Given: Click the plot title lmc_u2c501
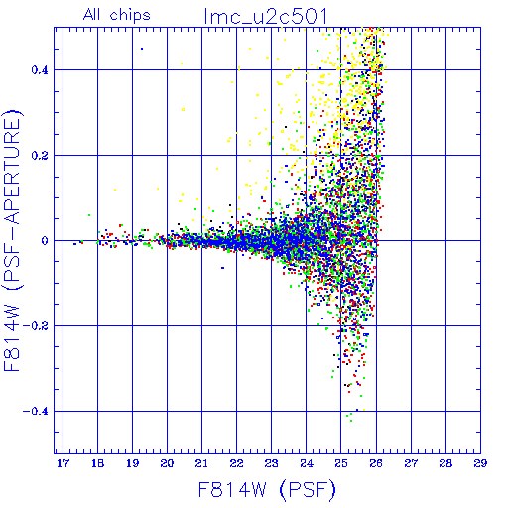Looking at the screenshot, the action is point(266,16).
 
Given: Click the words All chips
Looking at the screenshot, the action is point(117,15).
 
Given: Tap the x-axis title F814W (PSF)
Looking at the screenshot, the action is point(267,490).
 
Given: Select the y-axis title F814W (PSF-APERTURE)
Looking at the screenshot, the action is point(12,240).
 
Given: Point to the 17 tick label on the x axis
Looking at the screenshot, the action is point(63,463).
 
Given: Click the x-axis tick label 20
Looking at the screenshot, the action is point(167,463).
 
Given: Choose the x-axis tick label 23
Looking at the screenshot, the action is point(272,463).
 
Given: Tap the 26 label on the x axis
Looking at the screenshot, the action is point(376,463).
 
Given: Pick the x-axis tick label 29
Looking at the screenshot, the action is point(480,463).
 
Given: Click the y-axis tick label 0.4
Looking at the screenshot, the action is point(40,70).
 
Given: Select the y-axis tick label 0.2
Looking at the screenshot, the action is point(40,156).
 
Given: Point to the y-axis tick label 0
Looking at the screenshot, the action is point(45,241).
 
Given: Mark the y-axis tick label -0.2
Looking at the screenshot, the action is point(35,326).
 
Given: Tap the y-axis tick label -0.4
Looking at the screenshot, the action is point(35,412).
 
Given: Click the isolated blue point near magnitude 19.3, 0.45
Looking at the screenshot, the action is point(142,49).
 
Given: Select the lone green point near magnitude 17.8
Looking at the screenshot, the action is point(89,215).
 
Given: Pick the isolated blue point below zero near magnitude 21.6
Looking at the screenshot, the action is point(222,268).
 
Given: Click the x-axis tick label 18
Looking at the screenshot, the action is point(97,463).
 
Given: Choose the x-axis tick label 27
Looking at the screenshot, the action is point(411,463).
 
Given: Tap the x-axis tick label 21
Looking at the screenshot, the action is point(201,463).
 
